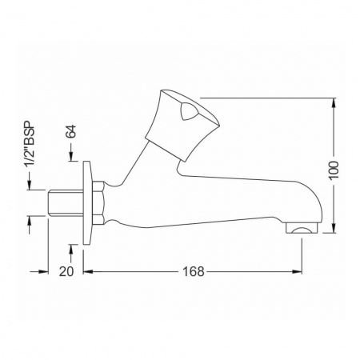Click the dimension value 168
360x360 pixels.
pos(194,271)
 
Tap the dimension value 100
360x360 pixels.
pos(334,170)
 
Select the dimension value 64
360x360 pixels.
pos(71,131)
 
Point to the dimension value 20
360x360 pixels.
pos(66,271)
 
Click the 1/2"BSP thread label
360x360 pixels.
pos(30,144)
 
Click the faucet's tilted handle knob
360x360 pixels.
pos(182,126)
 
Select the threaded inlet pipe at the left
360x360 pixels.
pos(66,202)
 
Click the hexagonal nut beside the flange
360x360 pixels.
pos(98,202)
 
